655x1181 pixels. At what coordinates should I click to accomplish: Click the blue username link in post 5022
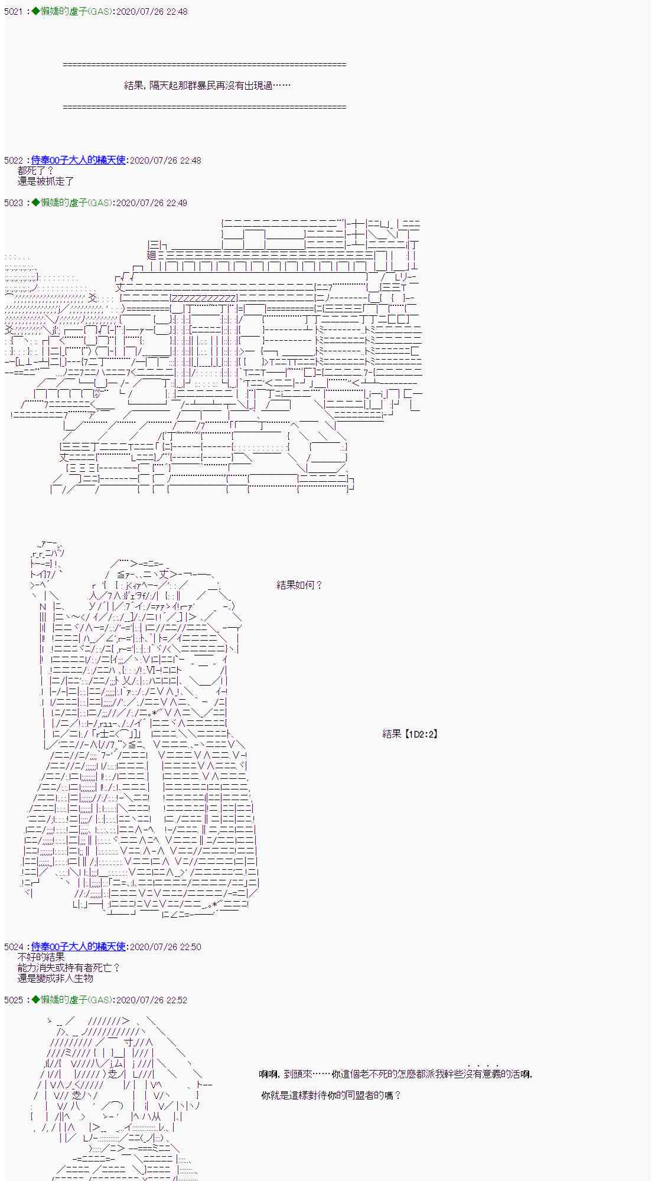[79, 161]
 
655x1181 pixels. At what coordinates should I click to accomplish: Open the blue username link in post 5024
[79, 947]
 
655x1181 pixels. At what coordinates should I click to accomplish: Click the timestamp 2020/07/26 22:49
[152, 203]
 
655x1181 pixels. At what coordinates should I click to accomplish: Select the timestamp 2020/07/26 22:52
[152, 1000]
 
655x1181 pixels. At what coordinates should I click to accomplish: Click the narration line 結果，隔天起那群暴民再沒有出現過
[207, 86]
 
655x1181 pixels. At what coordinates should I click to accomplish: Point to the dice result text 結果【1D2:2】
[410, 734]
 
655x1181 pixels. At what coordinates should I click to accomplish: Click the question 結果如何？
[299, 585]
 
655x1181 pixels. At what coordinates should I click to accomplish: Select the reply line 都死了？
[36, 171]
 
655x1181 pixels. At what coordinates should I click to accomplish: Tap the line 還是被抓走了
[46, 181]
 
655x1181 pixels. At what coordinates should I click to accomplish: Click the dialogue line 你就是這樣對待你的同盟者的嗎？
[331, 1095]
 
